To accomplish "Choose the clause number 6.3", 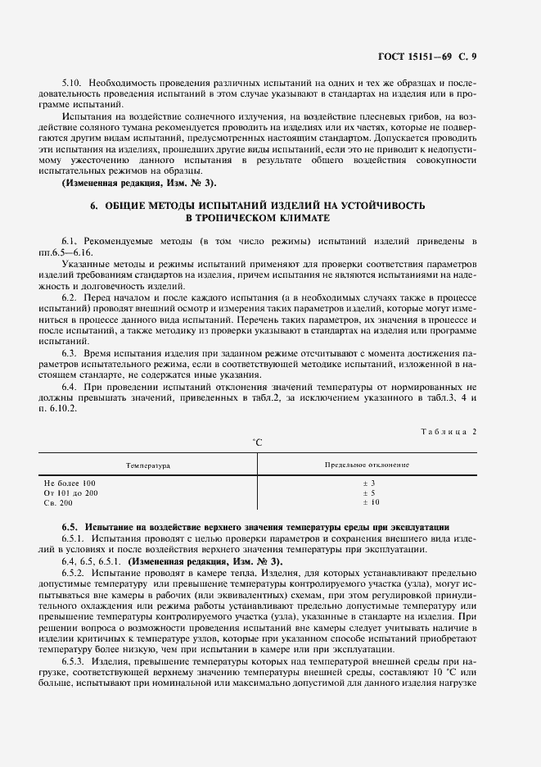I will (x=70, y=352).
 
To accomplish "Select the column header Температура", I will (x=147, y=465).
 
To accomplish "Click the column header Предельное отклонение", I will (x=367, y=465).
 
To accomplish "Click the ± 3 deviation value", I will (x=367, y=483).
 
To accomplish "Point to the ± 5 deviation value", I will (x=367, y=492).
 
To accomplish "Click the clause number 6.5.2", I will (x=74, y=574).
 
